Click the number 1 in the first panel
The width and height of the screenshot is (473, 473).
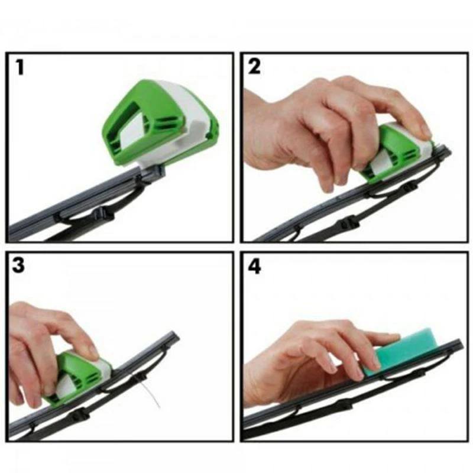(20, 67)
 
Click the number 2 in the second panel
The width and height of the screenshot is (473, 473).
(254, 67)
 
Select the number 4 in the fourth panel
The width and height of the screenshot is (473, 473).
(255, 265)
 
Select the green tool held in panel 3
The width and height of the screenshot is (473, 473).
(74, 378)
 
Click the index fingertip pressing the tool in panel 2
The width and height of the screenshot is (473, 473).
(425, 131)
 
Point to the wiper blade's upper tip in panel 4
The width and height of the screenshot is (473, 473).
(458, 342)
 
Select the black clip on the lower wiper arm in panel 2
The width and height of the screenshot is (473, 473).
(349, 223)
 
